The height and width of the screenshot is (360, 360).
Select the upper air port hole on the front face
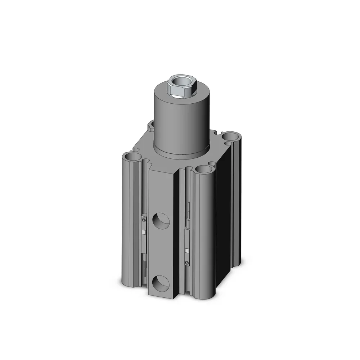coord(161,220)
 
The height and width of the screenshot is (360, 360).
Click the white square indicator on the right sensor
coord(186,250)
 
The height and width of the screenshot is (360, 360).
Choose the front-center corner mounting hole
coord(204,169)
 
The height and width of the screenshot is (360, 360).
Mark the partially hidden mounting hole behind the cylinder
coord(151,125)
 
